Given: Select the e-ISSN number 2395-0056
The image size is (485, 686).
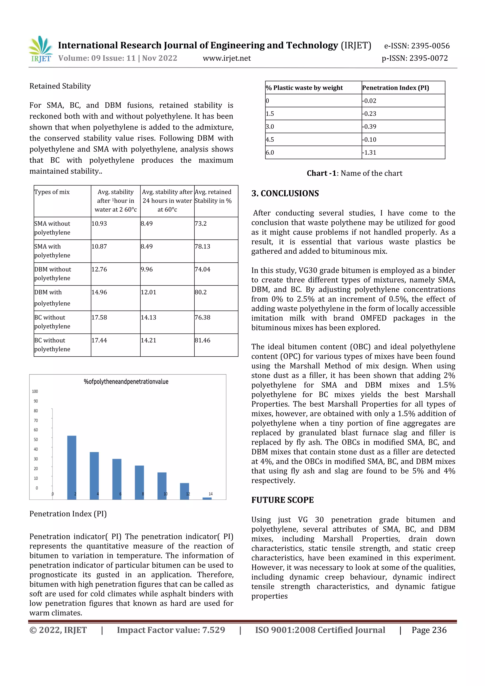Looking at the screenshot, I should tap(417, 46).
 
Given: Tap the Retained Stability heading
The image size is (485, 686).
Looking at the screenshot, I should tap(60, 86).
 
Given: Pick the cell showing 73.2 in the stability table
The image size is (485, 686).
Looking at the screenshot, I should tap(201, 224).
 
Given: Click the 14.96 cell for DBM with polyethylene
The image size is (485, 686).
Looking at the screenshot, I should tap(99, 292).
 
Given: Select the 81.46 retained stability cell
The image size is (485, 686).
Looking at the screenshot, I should tap(203, 340).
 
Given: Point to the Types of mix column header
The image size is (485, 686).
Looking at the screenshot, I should tap(52, 192).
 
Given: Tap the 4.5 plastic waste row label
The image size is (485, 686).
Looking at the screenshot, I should tap(270, 139).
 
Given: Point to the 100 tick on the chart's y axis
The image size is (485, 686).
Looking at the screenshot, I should tap(35, 391).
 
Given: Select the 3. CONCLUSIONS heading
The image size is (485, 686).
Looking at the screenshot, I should tap(285, 193).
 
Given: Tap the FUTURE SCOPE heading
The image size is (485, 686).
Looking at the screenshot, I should tap(282, 500).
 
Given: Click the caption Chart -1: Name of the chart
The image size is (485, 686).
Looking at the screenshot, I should tap(355, 173).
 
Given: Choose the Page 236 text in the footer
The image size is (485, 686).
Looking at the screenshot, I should tap(429, 630).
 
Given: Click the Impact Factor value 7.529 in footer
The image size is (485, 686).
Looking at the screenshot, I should tap(171, 630).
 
